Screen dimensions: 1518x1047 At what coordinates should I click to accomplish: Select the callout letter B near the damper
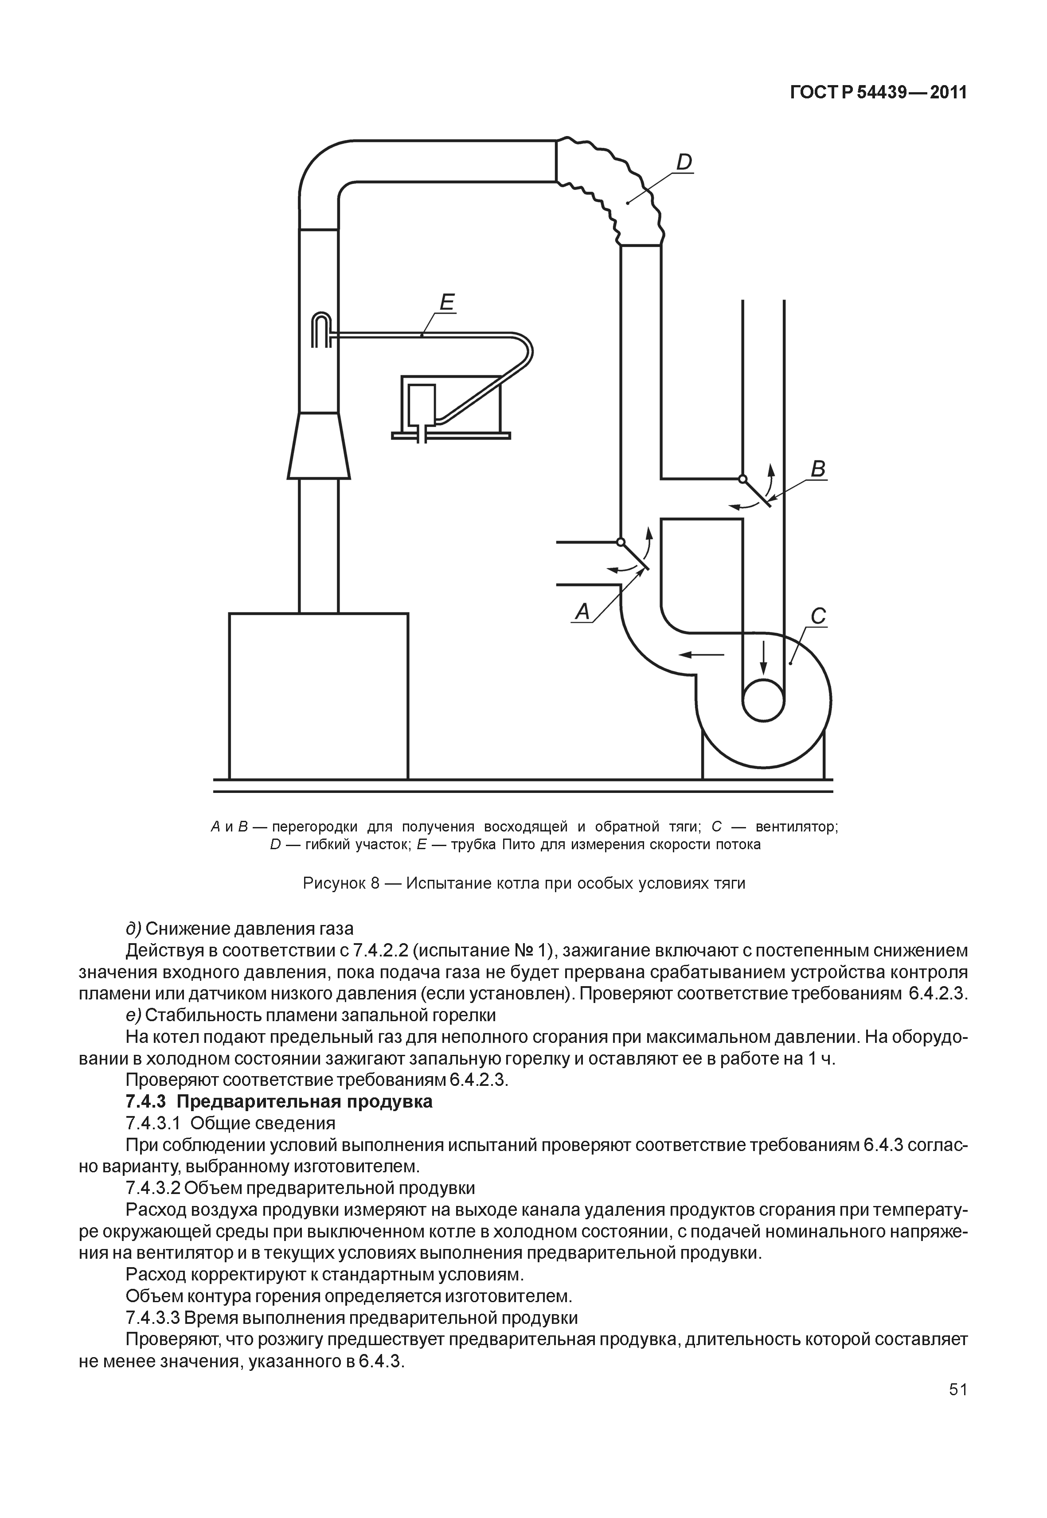[x=818, y=470]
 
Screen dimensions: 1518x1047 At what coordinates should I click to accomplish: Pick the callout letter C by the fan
[x=818, y=617]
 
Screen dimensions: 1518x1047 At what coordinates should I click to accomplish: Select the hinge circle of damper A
[x=620, y=542]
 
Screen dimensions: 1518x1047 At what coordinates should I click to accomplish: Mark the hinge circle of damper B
[x=742, y=478]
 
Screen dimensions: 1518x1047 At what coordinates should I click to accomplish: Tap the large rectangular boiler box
[x=319, y=696]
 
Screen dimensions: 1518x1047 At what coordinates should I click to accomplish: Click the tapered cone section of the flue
[x=319, y=445]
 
